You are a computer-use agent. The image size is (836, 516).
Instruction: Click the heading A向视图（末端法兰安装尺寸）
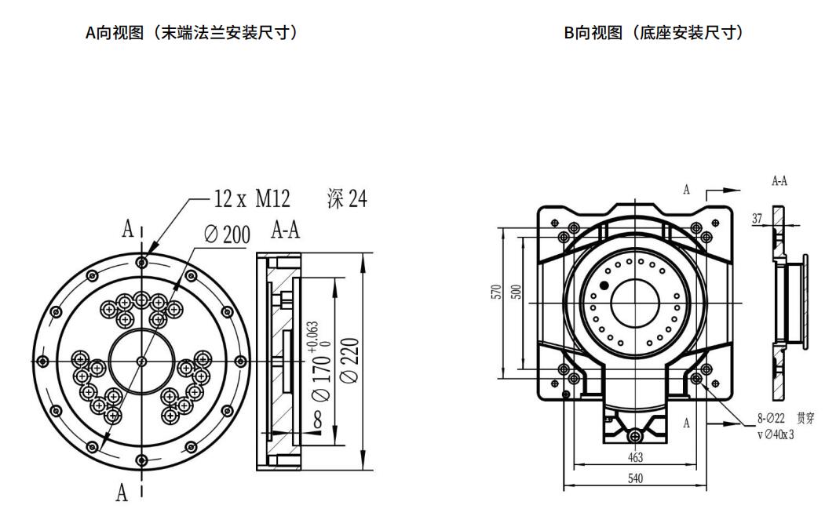(191, 33)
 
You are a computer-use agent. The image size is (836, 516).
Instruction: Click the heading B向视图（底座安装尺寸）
(653, 33)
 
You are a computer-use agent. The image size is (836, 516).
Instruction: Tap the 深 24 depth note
(346, 200)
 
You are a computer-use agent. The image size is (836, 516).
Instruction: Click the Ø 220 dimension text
(350, 361)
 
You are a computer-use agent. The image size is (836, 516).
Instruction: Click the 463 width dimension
(635, 456)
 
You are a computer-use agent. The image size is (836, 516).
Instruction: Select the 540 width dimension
(635, 478)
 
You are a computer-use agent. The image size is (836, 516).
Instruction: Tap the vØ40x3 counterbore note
(776, 434)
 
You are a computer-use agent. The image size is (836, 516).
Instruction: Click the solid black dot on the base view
(604, 285)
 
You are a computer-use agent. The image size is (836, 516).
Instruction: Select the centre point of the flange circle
(141, 361)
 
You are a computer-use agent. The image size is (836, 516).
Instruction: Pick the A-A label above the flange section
(285, 231)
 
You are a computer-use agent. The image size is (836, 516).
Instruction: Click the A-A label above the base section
(779, 181)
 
